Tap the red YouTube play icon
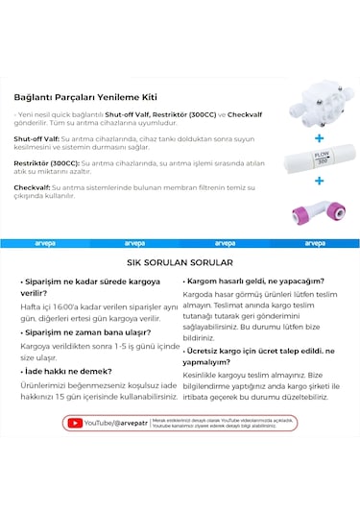coord(74,423)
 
